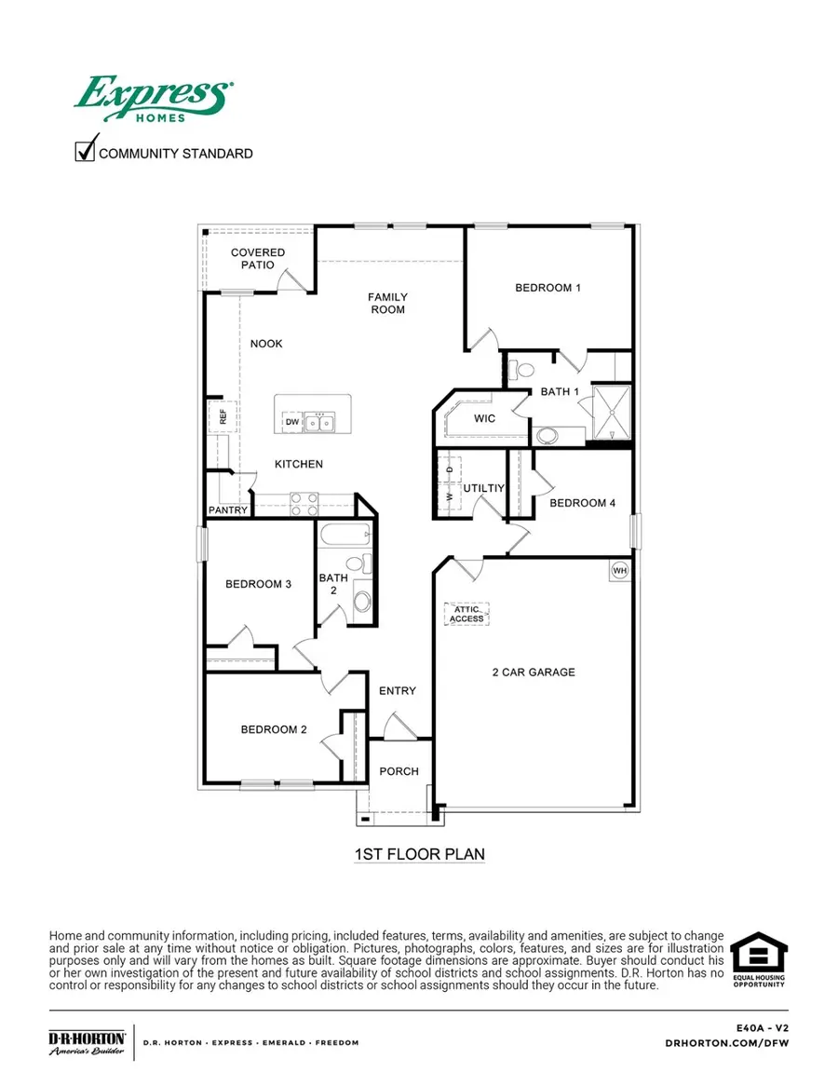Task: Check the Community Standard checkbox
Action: click(x=86, y=149)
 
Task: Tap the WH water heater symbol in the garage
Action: click(x=619, y=568)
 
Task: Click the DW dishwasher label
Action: click(x=291, y=423)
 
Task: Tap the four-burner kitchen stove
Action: click(x=304, y=503)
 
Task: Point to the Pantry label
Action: click(x=228, y=510)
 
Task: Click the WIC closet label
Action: click(x=484, y=418)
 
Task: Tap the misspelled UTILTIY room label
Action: click(x=483, y=487)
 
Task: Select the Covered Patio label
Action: click(x=258, y=258)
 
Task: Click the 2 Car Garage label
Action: click(x=534, y=672)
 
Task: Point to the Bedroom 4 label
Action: click(x=582, y=503)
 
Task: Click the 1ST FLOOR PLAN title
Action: click(x=419, y=853)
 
